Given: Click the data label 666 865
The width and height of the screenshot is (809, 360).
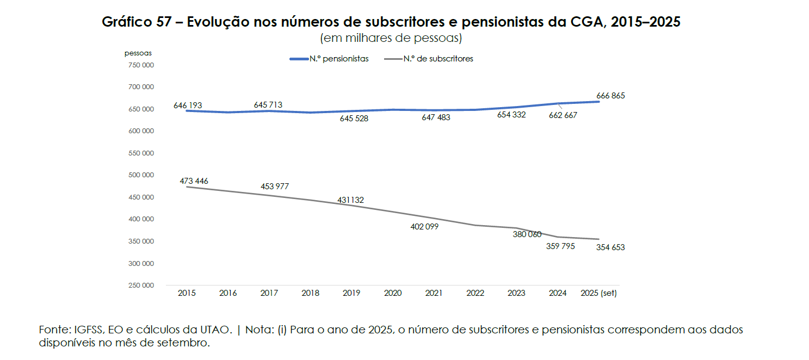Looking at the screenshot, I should pos(610,96).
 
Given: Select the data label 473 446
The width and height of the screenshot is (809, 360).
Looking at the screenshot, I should pos(194,181).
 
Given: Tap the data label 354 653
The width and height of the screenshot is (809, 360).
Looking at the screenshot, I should pos(610,247).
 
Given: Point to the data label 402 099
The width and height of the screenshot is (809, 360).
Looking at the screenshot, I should pos(424,227).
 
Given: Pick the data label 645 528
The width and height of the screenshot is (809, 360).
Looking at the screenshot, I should pos(354,119).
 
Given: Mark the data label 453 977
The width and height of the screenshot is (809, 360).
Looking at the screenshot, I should pos(275,187).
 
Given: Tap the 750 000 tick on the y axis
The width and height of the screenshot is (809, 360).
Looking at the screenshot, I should pos(141,65).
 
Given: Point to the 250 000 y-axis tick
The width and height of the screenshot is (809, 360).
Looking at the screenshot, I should pos(141,285).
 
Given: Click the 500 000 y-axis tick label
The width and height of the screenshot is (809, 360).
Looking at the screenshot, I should pos(141,175).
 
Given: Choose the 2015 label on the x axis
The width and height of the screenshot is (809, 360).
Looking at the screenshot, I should pos(187,293).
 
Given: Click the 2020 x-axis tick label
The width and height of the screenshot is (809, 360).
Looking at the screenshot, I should pos(393,293).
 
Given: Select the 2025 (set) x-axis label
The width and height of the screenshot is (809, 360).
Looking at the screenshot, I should pos(598,293).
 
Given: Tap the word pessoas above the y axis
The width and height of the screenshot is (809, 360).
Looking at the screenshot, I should pos(138,53).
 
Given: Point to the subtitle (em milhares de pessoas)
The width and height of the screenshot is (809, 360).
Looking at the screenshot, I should pos(391,39).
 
